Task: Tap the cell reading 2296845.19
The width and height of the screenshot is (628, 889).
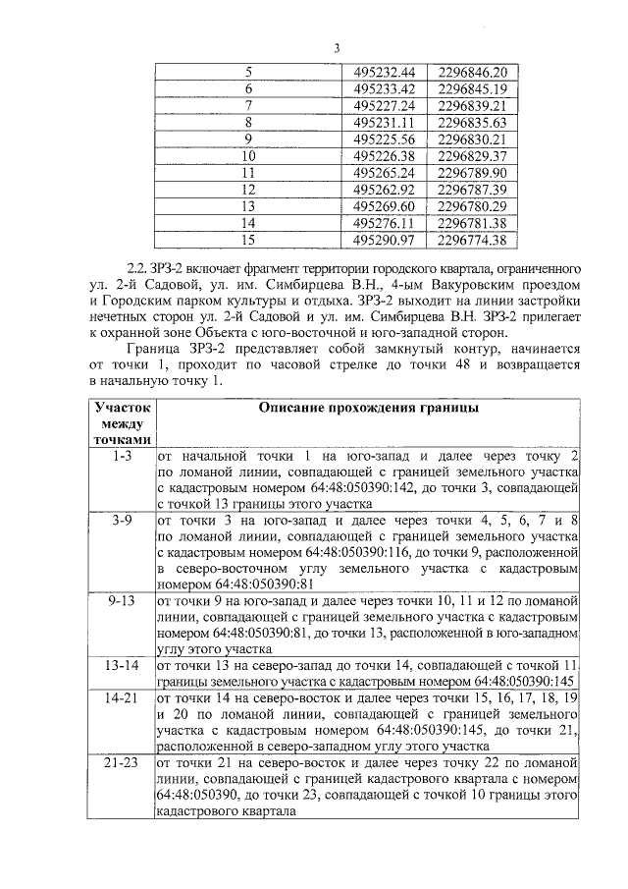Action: click(x=471, y=88)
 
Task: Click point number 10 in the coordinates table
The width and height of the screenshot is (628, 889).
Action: click(x=248, y=155)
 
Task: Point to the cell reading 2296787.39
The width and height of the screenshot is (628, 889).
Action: click(x=471, y=189)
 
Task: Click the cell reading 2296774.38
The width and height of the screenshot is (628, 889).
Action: click(x=471, y=239)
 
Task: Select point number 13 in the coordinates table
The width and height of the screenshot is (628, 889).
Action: click(x=248, y=205)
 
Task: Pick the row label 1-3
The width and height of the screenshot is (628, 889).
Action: click(x=123, y=457)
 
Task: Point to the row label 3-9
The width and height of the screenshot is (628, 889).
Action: click(x=123, y=520)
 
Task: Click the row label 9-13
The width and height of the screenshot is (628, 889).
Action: click(x=123, y=599)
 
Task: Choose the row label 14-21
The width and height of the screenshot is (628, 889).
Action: click(x=123, y=696)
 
